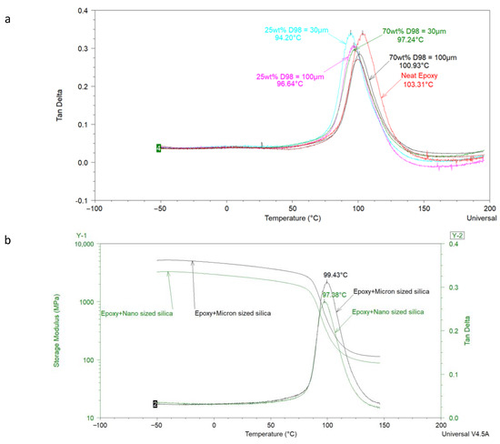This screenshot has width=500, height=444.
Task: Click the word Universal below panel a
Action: click(474, 219)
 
